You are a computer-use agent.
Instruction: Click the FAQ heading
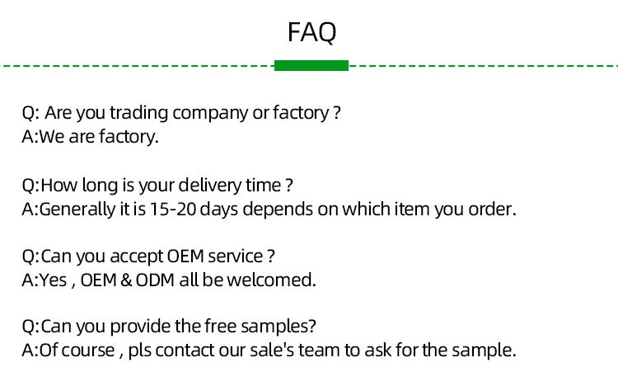point(311,32)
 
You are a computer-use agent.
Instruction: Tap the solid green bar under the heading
point(311,65)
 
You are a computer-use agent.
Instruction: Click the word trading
point(138,113)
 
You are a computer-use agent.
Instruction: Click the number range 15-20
point(173,209)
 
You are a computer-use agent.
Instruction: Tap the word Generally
point(77,209)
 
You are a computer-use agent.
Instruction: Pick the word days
point(218,209)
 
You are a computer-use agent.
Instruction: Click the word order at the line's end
point(492,209)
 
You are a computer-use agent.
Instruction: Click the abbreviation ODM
point(155,280)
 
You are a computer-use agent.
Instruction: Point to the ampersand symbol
point(126,280)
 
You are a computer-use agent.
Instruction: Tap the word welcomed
point(271,280)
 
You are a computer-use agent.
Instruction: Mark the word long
point(100,186)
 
